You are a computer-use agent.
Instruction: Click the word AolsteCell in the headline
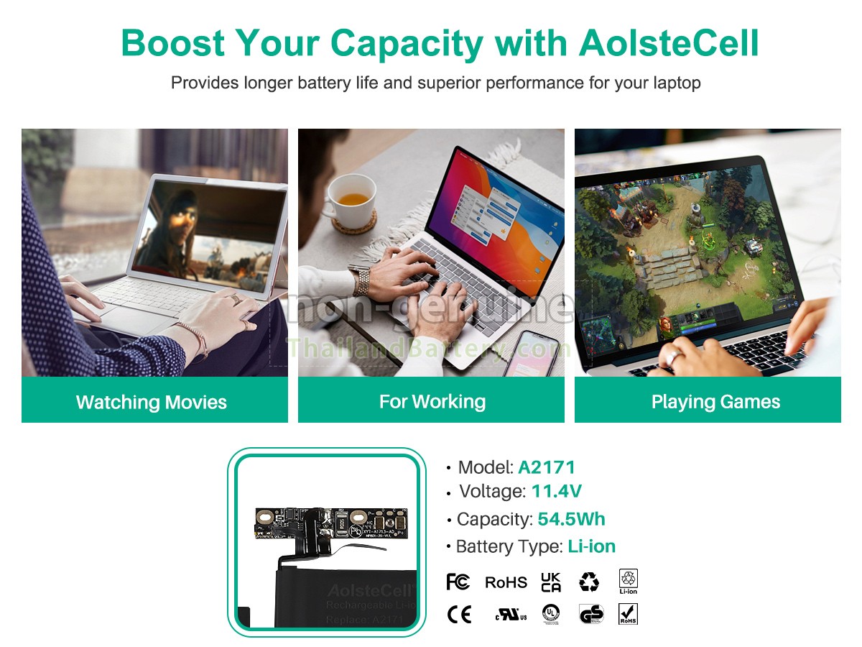(668, 43)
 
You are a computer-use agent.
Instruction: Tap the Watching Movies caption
(152, 402)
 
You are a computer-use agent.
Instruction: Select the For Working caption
(432, 401)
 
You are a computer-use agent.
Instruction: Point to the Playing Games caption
(715, 401)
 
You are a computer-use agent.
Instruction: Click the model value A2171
(547, 467)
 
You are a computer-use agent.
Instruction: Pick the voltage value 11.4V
(556, 492)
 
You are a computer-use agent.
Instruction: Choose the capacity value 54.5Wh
(571, 519)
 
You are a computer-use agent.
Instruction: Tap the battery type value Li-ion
(591, 546)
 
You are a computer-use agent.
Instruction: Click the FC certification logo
(458, 582)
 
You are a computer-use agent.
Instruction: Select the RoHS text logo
(506, 582)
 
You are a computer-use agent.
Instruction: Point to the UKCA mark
(551, 582)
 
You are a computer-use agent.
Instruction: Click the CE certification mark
(459, 615)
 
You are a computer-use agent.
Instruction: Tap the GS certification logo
(591, 615)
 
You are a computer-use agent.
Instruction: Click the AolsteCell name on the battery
(371, 591)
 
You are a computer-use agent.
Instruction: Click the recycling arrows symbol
(589, 582)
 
